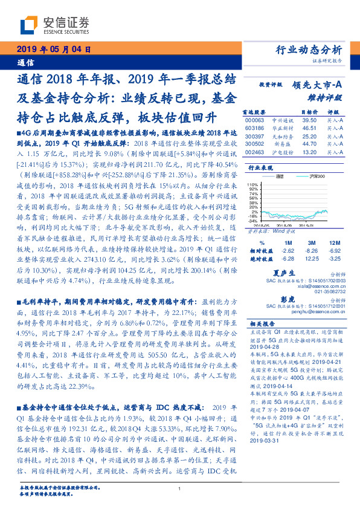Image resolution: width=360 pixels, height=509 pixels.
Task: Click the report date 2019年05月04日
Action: tap(53, 50)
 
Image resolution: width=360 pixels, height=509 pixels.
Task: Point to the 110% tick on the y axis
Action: tap(253, 184)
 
